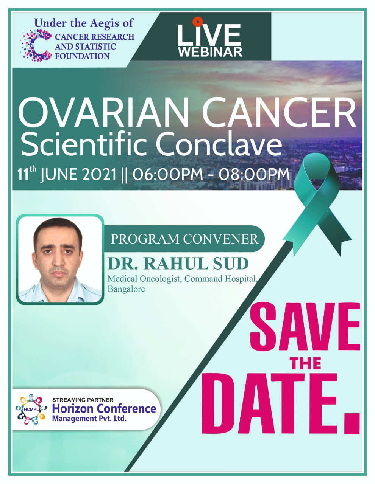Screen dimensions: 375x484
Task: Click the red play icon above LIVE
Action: pyautogui.click(x=197, y=22)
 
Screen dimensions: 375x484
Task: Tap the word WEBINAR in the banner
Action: pyautogui.click(x=210, y=52)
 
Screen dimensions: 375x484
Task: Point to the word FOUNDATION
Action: pyautogui.click(x=82, y=56)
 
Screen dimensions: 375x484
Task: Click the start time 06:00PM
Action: pyautogui.click(x=167, y=174)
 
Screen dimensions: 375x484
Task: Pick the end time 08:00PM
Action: pyautogui.click(x=254, y=174)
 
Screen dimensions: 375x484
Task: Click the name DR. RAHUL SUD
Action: pyautogui.click(x=178, y=264)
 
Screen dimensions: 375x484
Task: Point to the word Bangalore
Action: pyautogui.click(x=126, y=289)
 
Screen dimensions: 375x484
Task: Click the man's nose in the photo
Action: pyautogui.click(x=59, y=260)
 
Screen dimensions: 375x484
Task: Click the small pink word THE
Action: pyautogui.click(x=306, y=363)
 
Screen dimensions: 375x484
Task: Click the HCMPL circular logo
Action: pyautogui.click(x=31, y=410)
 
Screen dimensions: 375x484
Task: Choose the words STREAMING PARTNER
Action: pyautogui.click(x=83, y=400)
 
